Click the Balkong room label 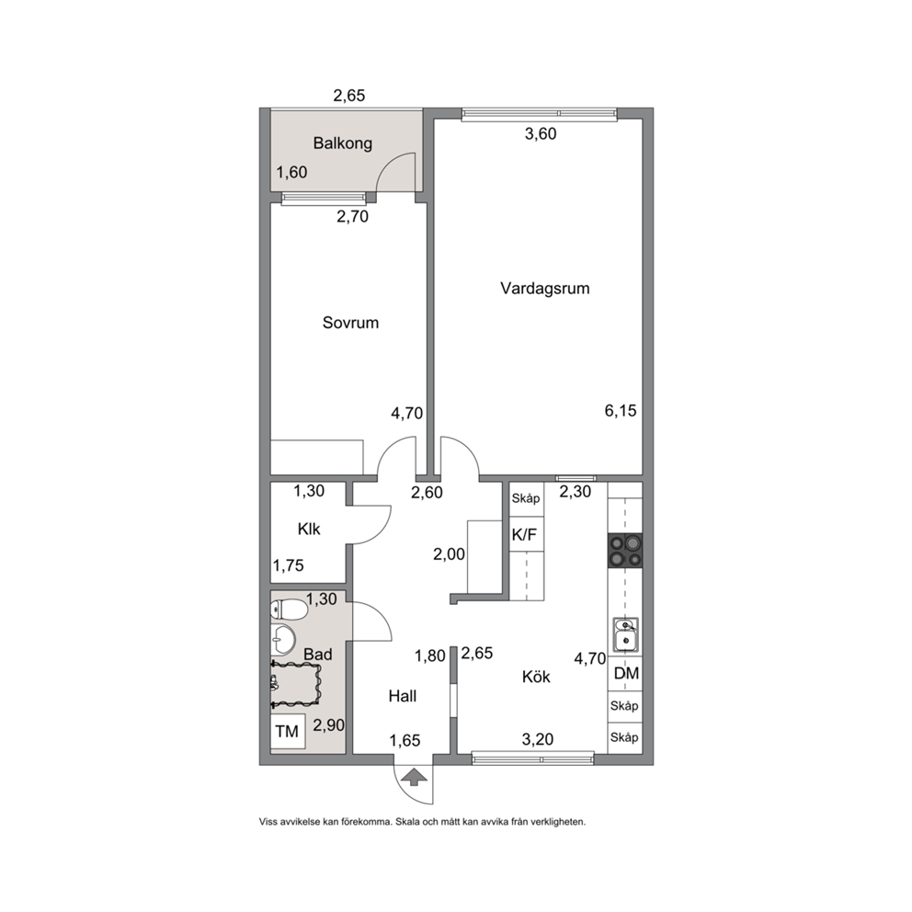click(343, 143)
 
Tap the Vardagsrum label click(545, 289)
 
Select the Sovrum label click(350, 323)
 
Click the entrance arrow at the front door click(414, 777)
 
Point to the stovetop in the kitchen click(625, 551)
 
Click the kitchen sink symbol click(626, 634)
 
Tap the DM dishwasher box click(626, 674)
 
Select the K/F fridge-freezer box click(527, 534)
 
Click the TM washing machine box click(288, 732)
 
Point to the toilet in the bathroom click(289, 610)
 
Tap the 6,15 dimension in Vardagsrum click(621, 411)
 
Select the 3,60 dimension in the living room click(541, 134)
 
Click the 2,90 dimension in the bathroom click(328, 725)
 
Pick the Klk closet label click(309, 530)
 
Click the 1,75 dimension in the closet click(289, 565)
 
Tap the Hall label click(403, 696)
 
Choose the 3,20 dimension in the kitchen click(538, 740)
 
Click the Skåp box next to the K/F click(527, 498)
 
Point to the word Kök click(536, 677)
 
